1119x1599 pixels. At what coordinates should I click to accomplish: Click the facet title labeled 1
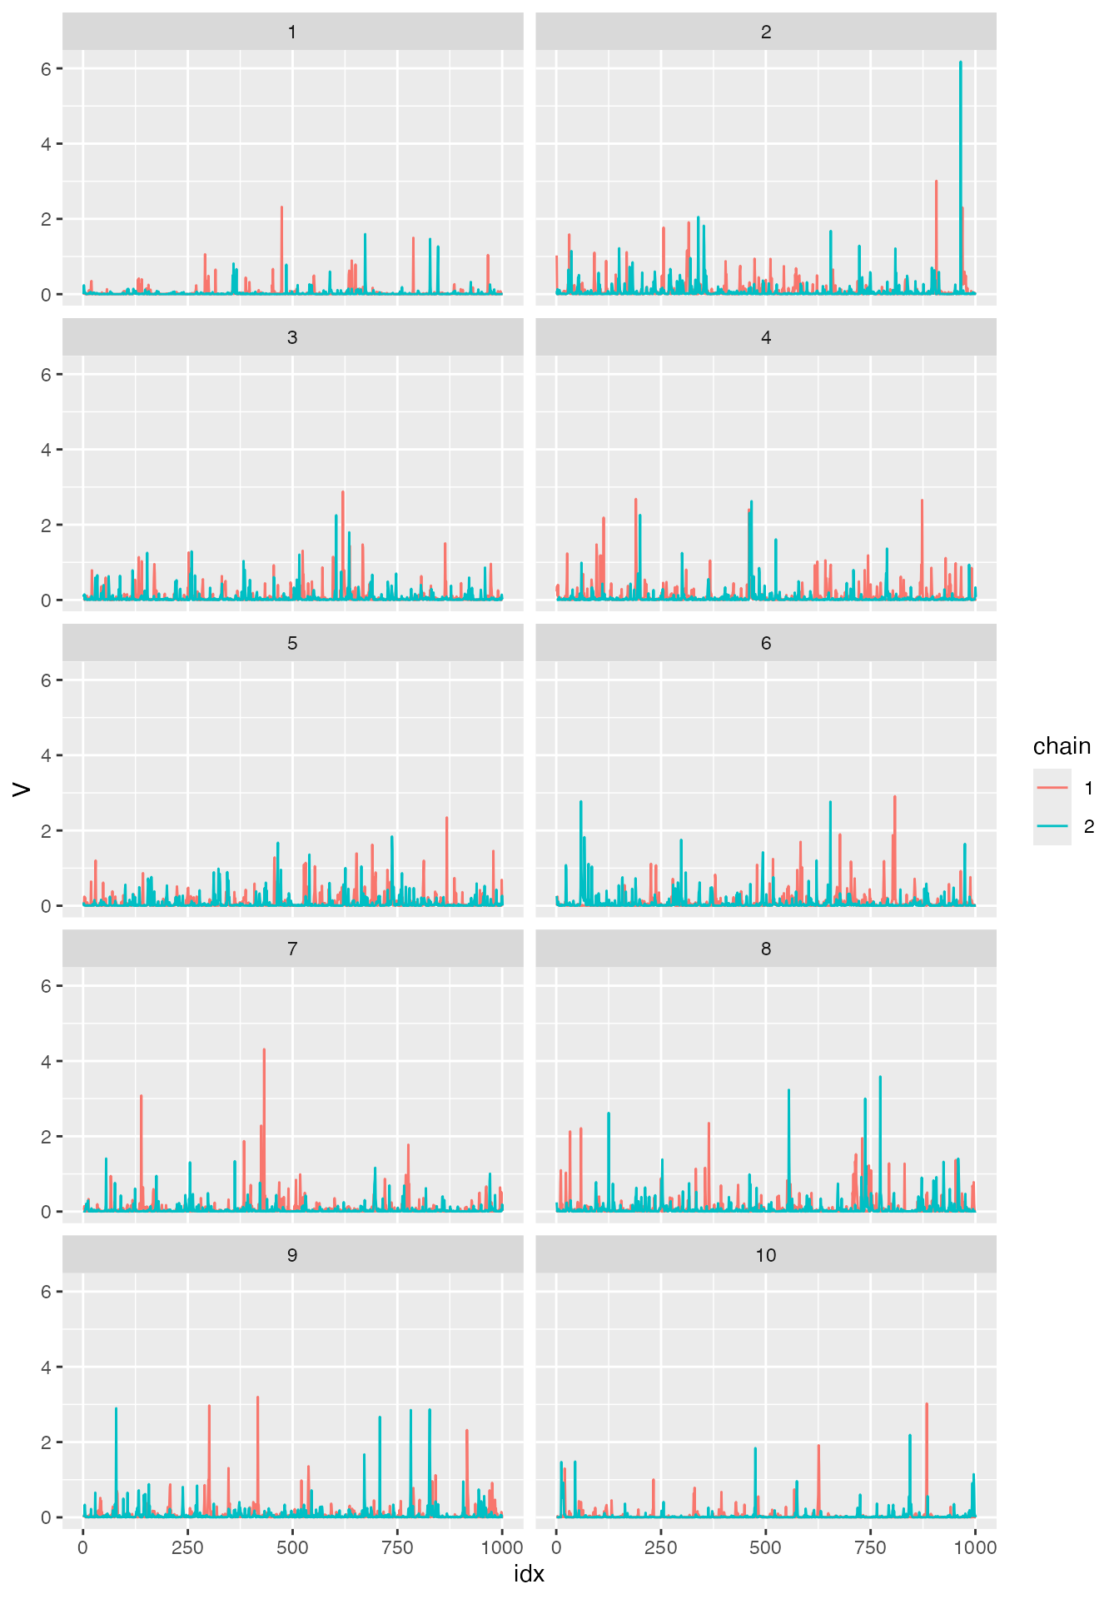292,32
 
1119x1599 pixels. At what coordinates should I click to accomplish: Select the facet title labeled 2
766,32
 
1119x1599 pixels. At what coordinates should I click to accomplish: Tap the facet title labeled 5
292,644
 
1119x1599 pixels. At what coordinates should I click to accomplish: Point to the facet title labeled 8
766,949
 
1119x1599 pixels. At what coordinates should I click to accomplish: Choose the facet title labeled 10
766,1255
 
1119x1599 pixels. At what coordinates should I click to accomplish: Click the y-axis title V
22,788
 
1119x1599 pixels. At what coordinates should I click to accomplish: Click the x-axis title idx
530,1573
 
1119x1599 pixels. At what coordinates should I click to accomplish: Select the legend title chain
1062,746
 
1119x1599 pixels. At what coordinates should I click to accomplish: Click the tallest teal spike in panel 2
961,63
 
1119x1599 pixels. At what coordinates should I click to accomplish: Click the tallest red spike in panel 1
281,208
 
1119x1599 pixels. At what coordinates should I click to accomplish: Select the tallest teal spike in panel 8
880,1078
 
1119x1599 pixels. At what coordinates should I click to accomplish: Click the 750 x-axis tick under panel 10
870,1547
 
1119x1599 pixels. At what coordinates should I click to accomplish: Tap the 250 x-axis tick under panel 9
187,1547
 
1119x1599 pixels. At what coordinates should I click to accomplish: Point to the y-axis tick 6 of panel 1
47,68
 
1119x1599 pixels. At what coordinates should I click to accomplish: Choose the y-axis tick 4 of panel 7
47,1062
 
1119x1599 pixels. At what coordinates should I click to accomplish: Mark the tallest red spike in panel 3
343,493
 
